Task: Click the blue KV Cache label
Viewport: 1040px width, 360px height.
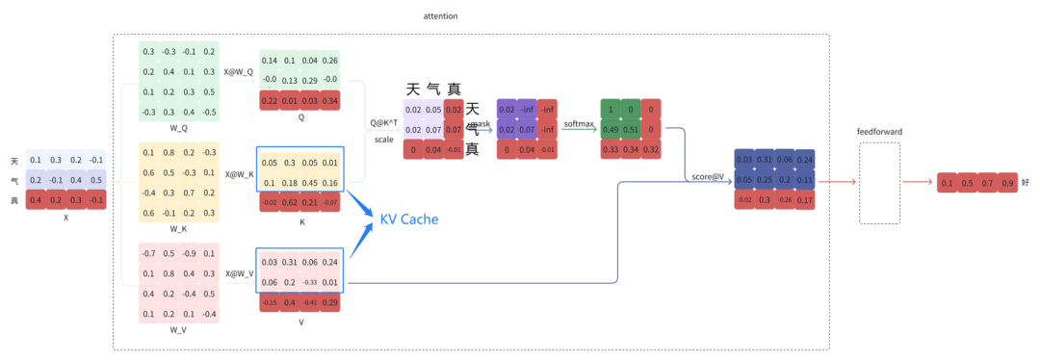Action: tap(409, 219)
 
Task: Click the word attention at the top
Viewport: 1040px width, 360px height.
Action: tap(441, 16)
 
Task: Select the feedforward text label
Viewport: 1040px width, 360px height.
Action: tap(878, 131)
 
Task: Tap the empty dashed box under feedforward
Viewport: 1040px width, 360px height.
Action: tap(878, 183)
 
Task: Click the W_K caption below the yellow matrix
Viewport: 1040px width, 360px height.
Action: tap(178, 228)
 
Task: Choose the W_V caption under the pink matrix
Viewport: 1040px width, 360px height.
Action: tap(178, 329)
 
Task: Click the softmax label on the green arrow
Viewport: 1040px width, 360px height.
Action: tap(578, 123)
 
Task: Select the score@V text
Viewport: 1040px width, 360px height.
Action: tap(706, 176)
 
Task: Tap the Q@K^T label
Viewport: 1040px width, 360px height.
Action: tap(384, 123)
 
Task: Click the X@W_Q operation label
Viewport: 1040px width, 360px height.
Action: tap(239, 71)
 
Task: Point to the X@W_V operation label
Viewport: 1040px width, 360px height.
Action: tap(239, 273)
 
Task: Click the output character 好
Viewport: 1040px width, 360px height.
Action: tap(1026, 183)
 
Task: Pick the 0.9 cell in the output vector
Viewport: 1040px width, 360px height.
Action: tap(1007, 183)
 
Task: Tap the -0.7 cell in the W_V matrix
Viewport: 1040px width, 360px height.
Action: tap(148, 254)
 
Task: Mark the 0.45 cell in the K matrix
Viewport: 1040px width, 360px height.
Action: tap(310, 183)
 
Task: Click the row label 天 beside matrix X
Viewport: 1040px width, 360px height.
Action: tap(14, 161)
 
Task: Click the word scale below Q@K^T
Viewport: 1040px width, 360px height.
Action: tap(384, 139)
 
